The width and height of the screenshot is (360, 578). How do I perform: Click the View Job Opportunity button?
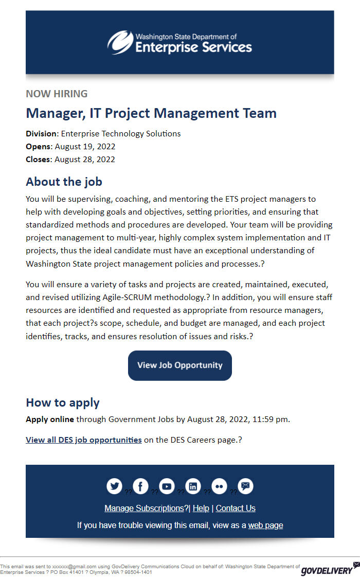[180, 365]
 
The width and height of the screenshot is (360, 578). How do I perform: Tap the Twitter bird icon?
[114, 486]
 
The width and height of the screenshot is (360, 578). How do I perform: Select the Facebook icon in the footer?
[140, 486]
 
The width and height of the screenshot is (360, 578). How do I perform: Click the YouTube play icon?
[167, 486]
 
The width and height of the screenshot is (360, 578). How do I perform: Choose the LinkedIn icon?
[193, 486]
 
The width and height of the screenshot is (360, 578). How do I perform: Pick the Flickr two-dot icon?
[220, 486]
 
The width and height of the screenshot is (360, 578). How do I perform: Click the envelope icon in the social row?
[246, 486]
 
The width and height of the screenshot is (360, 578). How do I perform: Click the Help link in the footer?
[201, 508]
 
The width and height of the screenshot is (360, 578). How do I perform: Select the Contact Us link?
[236, 508]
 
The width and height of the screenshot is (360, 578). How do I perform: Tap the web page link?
[265, 525]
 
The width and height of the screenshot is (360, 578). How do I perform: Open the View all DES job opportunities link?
[84, 440]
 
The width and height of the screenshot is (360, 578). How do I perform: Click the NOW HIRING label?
[57, 94]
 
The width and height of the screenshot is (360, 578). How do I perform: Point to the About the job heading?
[64, 182]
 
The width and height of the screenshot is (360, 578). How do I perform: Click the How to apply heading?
[63, 402]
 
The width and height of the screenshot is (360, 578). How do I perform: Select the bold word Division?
[41, 134]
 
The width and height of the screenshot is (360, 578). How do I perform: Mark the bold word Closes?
[39, 160]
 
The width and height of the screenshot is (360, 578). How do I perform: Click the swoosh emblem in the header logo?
[120, 42]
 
